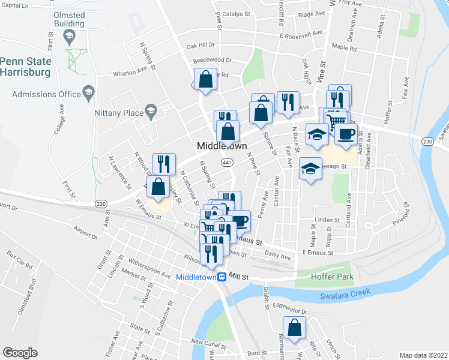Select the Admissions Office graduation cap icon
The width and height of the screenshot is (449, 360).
click(89, 94)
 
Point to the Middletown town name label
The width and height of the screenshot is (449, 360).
click(222, 146)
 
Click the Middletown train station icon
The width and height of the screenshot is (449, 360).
click(221, 277)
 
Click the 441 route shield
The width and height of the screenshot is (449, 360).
click(227, 163)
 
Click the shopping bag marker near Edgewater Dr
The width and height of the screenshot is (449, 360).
click(294, 328)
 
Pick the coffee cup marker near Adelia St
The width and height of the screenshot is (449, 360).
click(345, 134)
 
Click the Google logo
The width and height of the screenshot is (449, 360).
click(20, 353)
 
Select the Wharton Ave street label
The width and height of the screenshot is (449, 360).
click(130, 74)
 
